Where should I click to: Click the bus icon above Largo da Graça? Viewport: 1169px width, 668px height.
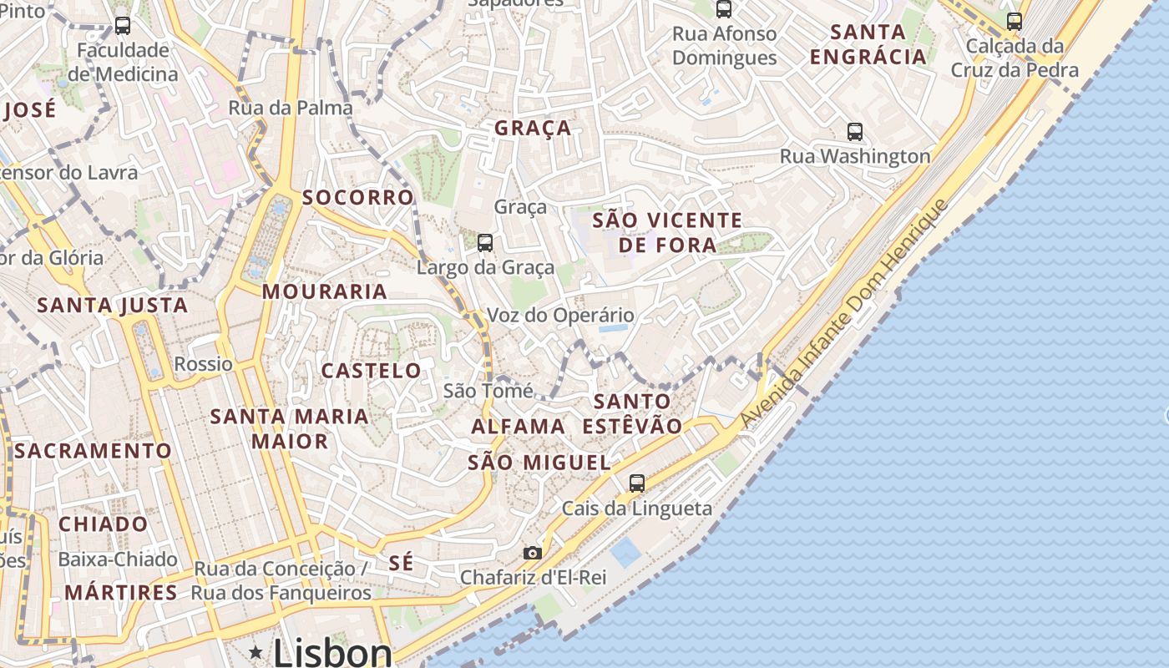(484, 243)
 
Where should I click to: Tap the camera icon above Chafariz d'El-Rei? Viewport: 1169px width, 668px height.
(532, 553)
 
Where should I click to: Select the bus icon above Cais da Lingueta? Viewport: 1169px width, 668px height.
(636, 483)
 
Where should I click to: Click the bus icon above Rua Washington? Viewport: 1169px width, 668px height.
(854, 131)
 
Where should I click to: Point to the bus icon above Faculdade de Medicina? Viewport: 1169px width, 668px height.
(123, 26)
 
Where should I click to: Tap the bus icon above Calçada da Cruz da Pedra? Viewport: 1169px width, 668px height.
(1015, 22)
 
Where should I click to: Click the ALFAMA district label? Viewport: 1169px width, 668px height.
(518, 427)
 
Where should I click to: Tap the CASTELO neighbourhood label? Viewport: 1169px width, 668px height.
(372, 371)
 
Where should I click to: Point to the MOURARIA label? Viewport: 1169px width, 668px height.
(324, 291)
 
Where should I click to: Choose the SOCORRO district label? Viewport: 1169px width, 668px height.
(357, 197)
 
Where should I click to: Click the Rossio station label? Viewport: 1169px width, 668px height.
(203, 364)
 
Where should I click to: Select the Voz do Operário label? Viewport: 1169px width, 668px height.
(560, 316)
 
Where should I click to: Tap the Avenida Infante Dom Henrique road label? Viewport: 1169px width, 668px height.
(845, 314)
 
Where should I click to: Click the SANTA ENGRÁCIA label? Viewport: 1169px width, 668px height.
(868, 44)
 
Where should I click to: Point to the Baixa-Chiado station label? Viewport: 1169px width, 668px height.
(118, 559)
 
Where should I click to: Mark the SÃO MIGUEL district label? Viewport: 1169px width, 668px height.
(539, 463)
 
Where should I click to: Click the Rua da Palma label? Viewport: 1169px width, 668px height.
(291, 108)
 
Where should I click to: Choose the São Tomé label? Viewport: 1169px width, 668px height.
(488, 391)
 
